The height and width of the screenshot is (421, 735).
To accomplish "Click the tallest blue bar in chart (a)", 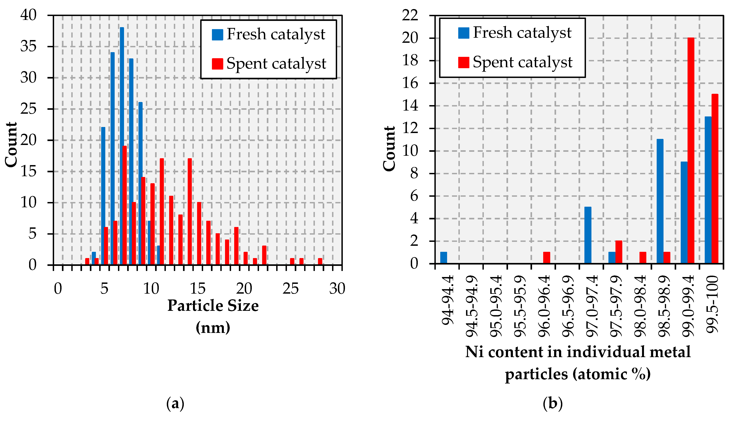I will pyautogui.click(x=122, y=145).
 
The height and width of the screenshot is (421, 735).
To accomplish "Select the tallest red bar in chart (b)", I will pyautogui.click(x=691, y=150).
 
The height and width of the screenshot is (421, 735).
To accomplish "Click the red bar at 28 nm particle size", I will pyautogui.click(x=320, y=261).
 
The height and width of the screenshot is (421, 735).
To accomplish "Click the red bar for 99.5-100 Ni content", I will pyautogui.click(x=715, y=178).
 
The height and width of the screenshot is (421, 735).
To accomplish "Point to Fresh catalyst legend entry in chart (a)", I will pyautogui.click(x=269, y=34).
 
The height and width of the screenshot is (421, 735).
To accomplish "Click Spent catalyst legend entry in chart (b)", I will pyautogui.click(x=515, y=62).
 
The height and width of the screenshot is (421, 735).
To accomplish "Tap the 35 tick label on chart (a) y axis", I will pyautogui.click(x=28, y=46).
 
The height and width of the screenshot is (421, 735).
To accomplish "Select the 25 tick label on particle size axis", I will pyautogui.click(x=290, y=289).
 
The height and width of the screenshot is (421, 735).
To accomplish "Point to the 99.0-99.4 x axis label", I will pyautogui.click(x=688, y=307).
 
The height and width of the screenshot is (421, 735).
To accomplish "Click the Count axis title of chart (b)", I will pyautogui.click(x=389, y=149).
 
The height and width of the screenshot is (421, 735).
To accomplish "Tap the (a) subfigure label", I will pyautogui.click(x=175, y=404).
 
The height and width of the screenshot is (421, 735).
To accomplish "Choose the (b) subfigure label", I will pyautogui.click(x=553, y=404).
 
